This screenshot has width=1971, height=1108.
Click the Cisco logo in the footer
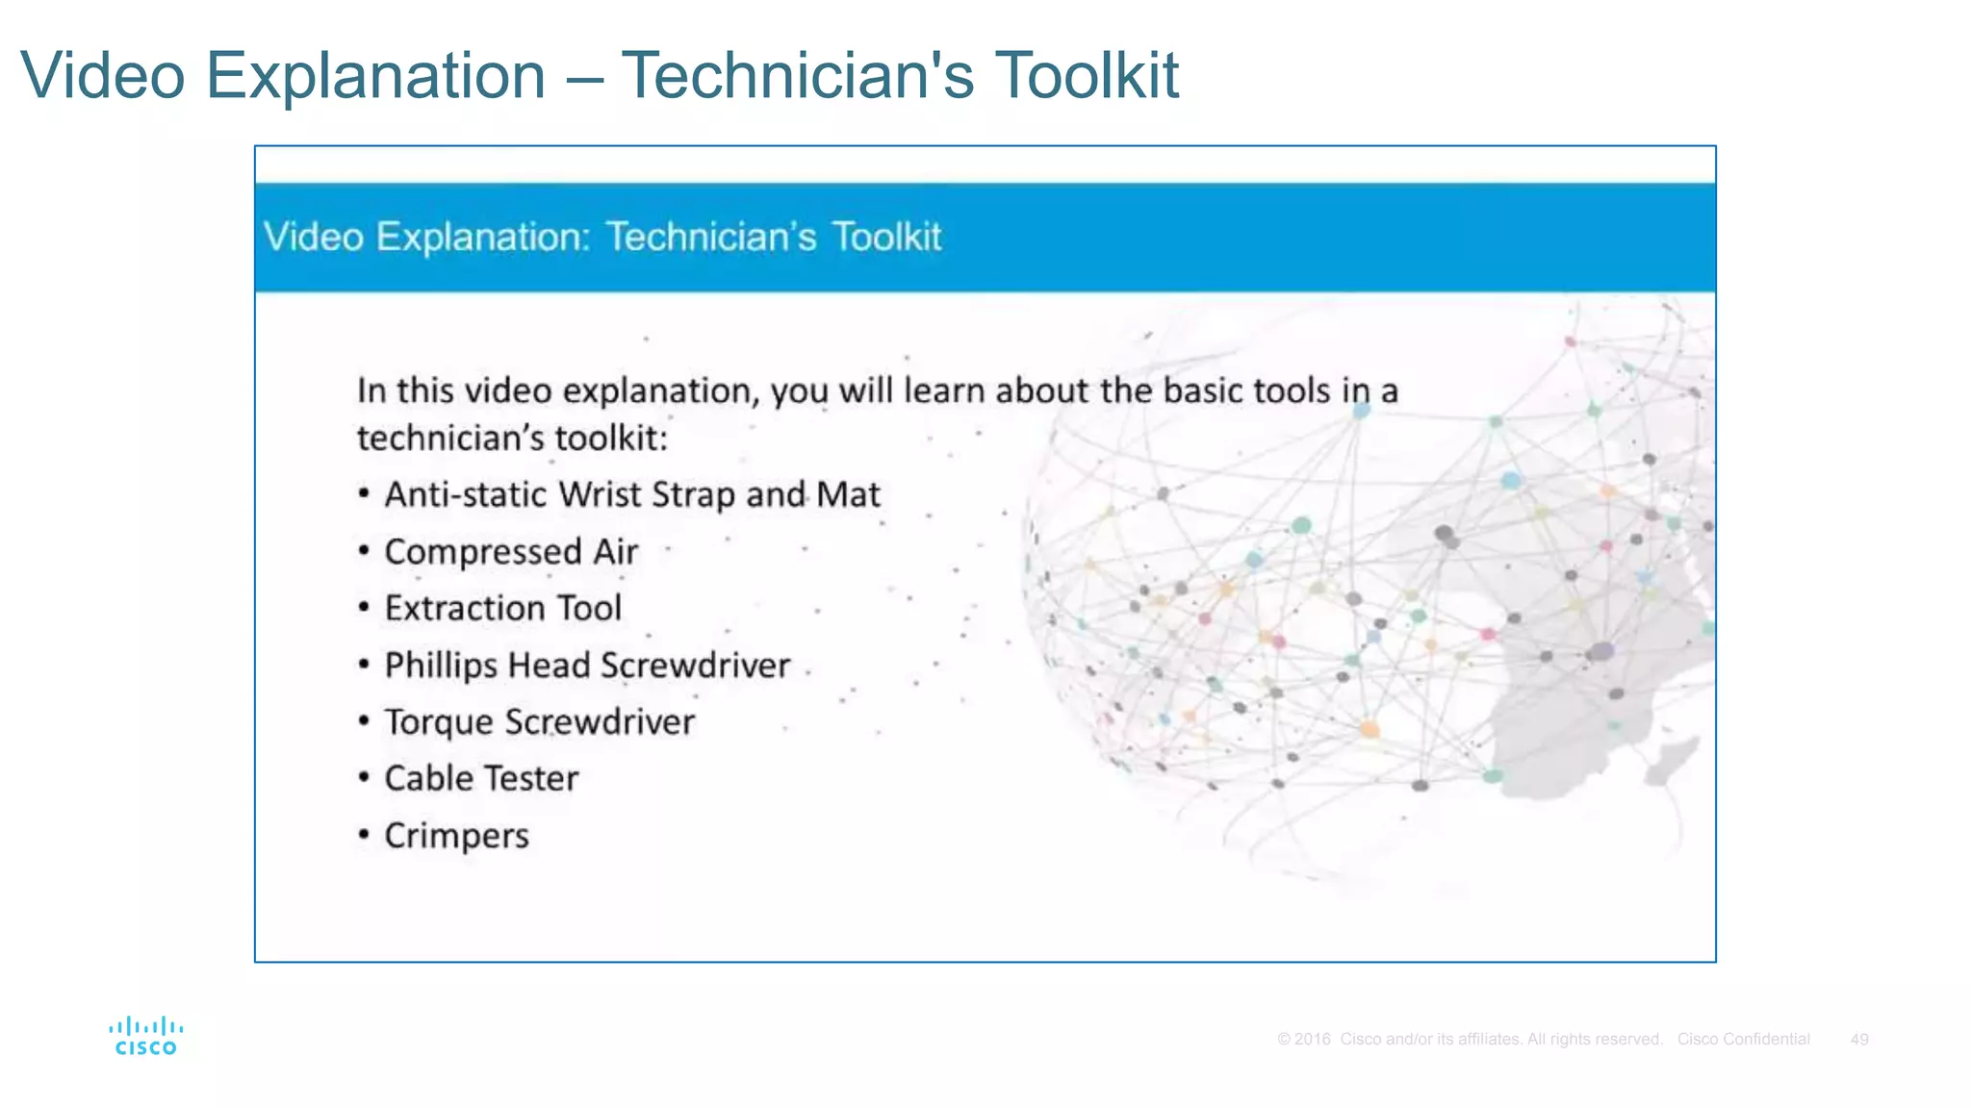[x=146, y=1037]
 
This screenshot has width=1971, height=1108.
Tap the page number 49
[x=1858, y=1040]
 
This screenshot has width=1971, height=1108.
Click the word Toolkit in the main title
[x=1086, y=75]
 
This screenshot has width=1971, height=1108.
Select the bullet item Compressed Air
[x=511, y=552]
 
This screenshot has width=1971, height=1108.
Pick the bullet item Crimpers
[x=456, y=836]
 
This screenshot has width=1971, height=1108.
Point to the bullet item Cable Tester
[x=481, y=778]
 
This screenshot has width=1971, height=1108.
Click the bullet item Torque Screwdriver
[x=539, y=722]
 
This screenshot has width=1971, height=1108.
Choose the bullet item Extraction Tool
[x=502, y=609]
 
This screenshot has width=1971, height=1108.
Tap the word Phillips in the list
[x=440, y=666]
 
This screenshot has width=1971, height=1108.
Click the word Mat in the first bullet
[x=848, y=494]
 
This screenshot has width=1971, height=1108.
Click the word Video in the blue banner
[x=314, y=237]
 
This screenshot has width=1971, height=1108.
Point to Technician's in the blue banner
[x=711, y=237]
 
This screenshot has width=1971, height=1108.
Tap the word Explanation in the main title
[x=375, y=75]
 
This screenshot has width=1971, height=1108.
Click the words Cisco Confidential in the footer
[x=1743, y=1040]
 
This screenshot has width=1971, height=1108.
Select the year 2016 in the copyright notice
[x=1312, y=1040]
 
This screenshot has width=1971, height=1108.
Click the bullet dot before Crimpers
[x=364, y=834]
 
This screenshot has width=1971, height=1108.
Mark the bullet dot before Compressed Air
[x=364, y=551]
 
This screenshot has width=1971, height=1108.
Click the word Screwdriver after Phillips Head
[x=695, y=666]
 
